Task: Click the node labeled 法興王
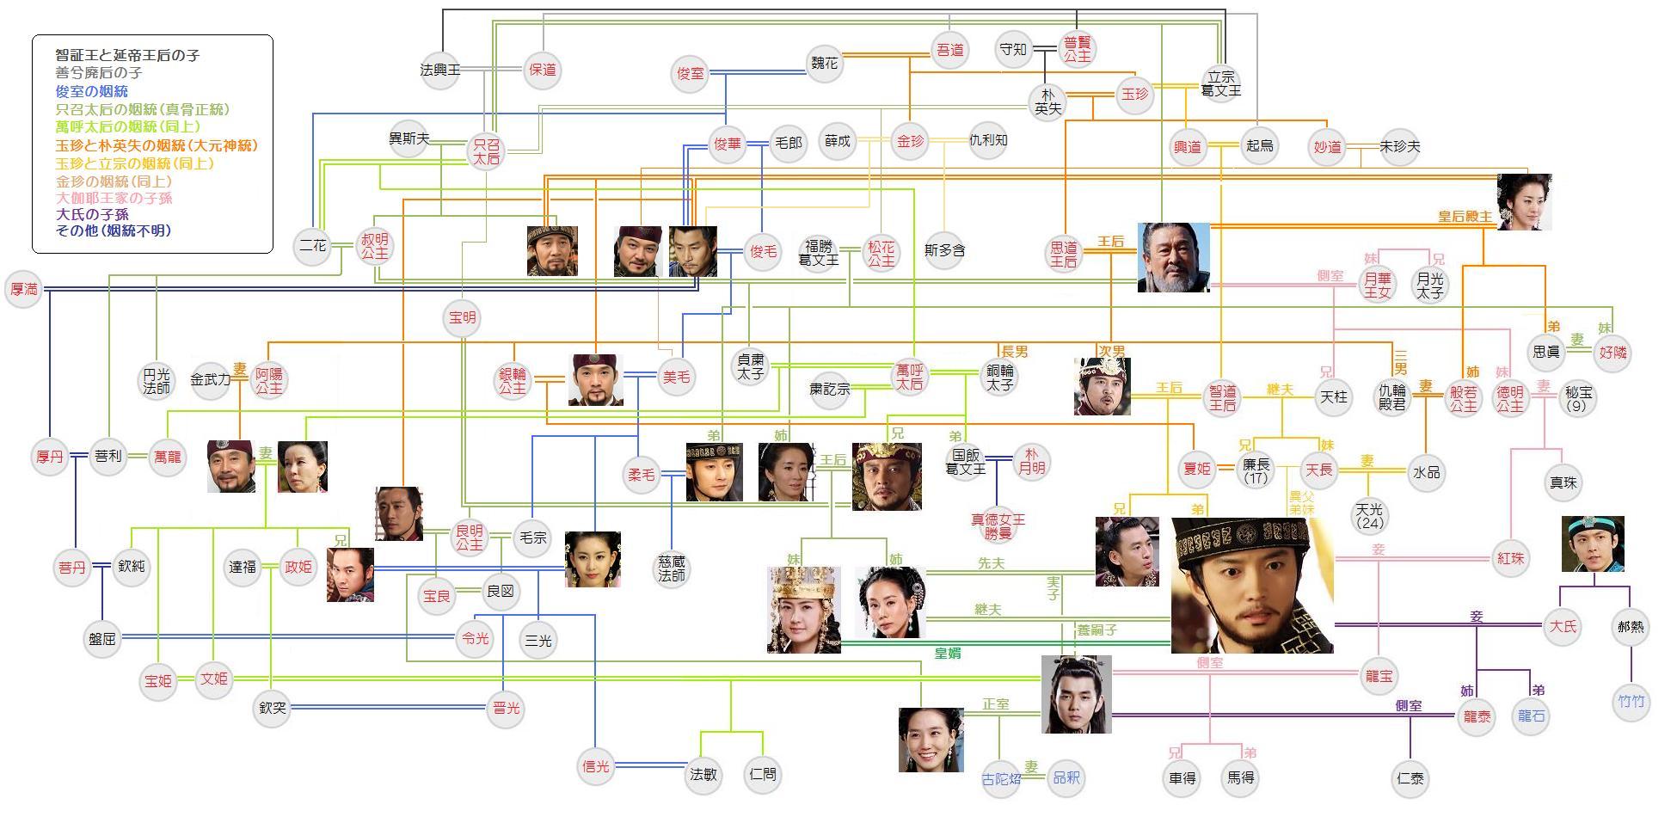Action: click(440, 70)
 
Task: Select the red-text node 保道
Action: click(543, 70)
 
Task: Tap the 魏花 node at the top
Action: click(824, 64)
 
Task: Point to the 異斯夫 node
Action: click(408, 138)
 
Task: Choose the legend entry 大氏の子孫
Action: click(92, 214)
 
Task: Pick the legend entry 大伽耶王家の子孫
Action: click(114, 198)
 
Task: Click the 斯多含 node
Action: click(944, 250)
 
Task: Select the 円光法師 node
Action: click(157, 381)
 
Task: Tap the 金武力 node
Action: click(211, 378)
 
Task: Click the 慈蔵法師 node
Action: click(672, 568)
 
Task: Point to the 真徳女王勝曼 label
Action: click(998, 526)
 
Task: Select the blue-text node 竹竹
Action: click(1631, 702)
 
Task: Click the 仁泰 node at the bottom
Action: click(1410, 778)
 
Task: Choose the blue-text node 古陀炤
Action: click(1001, 778)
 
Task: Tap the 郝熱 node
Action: click(1631, 627)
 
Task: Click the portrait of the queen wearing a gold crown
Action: click(803, 610)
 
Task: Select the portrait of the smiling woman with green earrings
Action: click(931, 740)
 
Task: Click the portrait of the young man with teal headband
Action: click(1593, 544)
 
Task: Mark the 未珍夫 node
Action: click(1400, 147)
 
